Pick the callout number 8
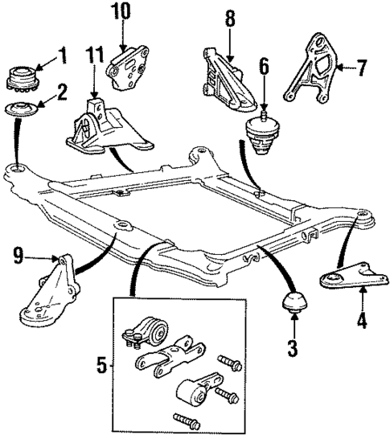(230, 18)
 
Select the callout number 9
(17, 259)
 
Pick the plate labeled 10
(126, 64)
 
